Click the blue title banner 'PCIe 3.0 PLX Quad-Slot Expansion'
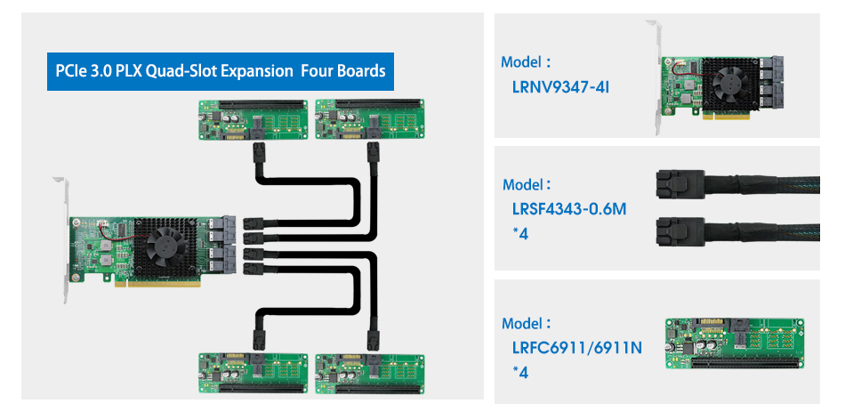click(x=217, y=70)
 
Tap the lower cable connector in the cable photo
click(x=673, y=232)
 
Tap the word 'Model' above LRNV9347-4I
click(x=523, y=63)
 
